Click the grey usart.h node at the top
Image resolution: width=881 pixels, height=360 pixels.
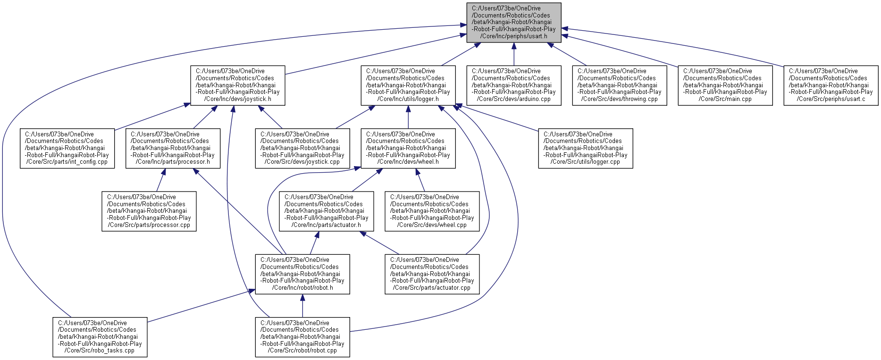point(514,23)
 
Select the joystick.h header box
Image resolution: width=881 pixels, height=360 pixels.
point(238,85)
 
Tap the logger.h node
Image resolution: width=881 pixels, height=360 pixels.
point(408,85)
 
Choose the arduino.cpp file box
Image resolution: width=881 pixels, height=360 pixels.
point(514,85)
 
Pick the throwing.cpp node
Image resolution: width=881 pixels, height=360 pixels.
point(620,85)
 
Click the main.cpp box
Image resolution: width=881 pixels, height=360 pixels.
point(725,85)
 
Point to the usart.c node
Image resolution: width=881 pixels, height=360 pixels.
point(831,85)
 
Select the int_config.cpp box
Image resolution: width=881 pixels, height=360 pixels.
point(67,149)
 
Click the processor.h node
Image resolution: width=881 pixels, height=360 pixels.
point(173,149)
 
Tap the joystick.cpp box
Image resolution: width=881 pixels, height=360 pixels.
point(302,149)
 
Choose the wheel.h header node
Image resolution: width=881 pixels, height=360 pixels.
point(408,149)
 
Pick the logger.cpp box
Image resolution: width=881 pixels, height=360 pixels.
point(586,149)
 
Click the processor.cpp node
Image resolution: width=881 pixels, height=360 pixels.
point(149,211)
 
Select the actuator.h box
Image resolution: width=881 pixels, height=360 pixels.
point(327,211)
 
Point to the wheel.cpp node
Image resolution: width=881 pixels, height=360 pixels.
point(432,211)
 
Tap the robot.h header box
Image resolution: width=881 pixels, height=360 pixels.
point(302,274)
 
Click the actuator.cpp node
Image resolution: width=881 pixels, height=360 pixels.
point(432,274)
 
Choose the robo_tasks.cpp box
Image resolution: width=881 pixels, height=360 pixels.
point(100,337)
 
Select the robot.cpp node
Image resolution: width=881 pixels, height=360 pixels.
point(302,337)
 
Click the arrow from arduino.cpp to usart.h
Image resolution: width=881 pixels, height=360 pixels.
point(514,54)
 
